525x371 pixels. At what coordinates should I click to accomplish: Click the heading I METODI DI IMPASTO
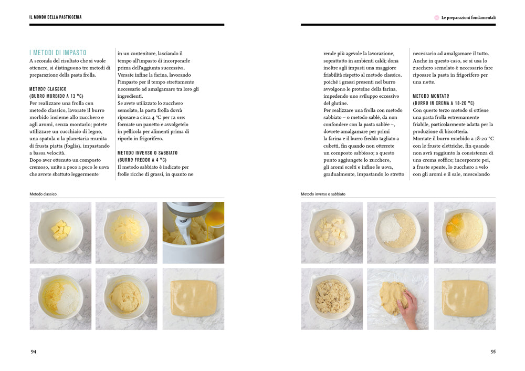[58, 53]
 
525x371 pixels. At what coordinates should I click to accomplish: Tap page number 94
[34, 352]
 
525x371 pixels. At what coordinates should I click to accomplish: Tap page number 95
[493, 352]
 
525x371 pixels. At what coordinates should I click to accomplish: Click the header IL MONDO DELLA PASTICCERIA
[56, 17]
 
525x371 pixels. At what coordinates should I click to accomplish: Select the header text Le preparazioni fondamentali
[468, 17]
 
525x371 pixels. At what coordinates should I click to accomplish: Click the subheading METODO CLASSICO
[48, 89]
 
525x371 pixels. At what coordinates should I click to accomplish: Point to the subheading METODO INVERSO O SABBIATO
[148, 153]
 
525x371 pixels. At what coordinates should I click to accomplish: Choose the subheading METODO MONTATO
[431, 96]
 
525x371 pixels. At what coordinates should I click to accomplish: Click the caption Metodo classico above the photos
[43, 194]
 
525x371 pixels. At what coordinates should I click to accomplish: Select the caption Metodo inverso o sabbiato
[323, 194]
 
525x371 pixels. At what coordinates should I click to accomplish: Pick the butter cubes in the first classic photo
[60, 230]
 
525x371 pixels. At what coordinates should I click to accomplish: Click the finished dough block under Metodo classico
[194, 298]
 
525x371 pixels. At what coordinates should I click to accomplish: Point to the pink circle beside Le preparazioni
[437, 17]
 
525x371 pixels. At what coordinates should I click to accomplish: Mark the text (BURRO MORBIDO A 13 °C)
[56, 96]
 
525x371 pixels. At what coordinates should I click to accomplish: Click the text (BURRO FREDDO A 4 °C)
[142, 160]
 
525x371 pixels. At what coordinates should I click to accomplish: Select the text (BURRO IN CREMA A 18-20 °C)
[444, 103]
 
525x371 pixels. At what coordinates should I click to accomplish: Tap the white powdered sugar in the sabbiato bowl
[390, 226]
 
